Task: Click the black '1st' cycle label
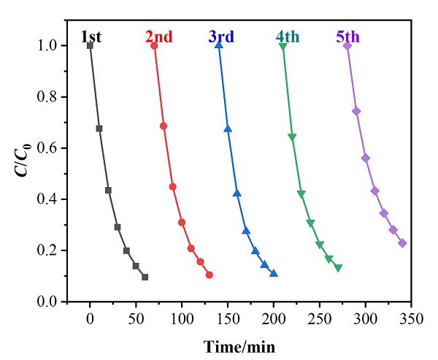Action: tap(92, 36)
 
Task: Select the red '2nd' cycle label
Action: tap(160, 36)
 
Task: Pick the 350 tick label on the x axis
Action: tap(412, 318)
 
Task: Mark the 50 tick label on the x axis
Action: tap(136, 318)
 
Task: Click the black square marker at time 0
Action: tap(90, 45)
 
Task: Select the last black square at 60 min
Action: tap(145, 277)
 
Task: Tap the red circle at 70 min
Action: tap(154, 45)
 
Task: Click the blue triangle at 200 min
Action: tap(274, 274)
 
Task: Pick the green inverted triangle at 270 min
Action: tap(338, 268)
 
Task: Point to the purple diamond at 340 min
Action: tap(402, 243)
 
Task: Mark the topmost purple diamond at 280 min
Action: tap(347, 45)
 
